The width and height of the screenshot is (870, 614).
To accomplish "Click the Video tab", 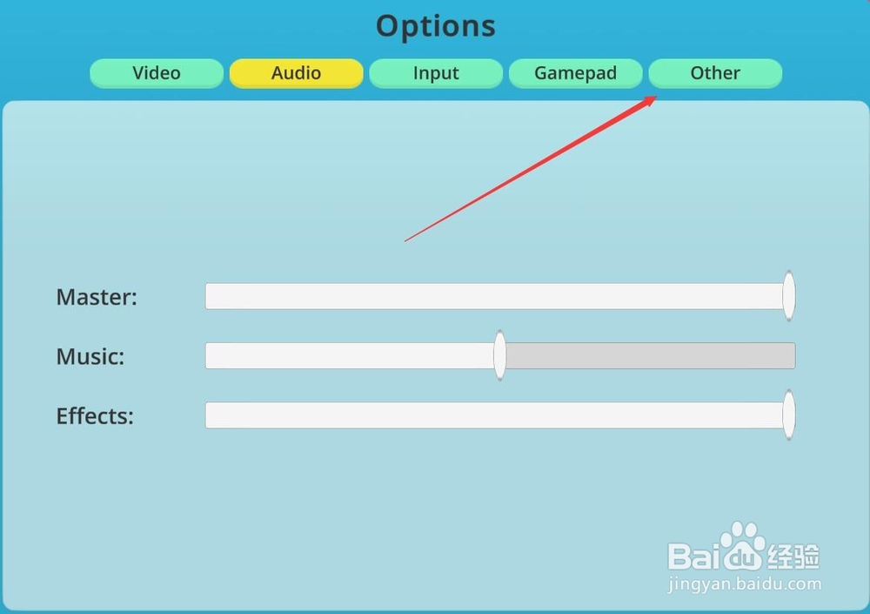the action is (157, 73).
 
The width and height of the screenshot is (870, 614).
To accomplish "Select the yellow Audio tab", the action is (297, 73).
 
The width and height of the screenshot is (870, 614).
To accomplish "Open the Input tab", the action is (436, 73).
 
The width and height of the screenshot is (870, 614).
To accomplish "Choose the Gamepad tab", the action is (575, 73).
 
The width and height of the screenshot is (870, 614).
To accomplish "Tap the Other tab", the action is (715, 73).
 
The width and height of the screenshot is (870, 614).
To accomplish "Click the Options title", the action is (436, 26).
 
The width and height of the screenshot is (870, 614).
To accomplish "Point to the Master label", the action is (97, 297).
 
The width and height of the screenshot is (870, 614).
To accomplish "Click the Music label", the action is (90, 356).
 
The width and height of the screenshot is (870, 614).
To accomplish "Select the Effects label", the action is (95, 415).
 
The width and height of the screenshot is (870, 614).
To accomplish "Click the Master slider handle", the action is (788, 295).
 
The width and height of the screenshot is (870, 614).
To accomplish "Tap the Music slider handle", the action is (500, 355).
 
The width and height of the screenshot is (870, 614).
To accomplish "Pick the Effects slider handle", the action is (788, 415).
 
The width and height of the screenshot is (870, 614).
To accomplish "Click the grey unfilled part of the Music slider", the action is (650, 355).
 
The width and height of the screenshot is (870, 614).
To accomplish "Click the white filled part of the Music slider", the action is (350, 355).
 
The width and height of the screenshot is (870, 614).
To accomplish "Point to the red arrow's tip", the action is (657, 96).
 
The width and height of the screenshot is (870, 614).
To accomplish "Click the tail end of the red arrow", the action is (405, 241).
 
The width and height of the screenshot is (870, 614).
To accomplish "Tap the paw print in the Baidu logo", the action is (742, 545).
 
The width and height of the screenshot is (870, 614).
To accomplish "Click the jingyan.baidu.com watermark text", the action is (745, 584).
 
